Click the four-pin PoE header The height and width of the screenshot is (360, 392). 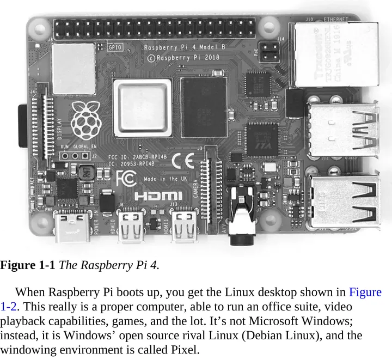click(x=270, y=52)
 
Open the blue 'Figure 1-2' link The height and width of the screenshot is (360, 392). click(x=365, y=292)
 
